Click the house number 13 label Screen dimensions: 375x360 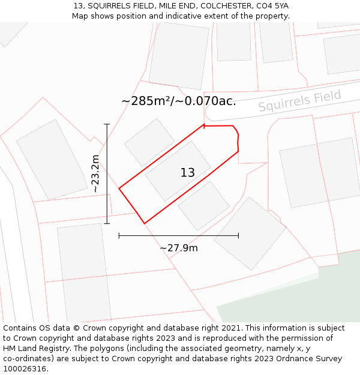click(187, 173)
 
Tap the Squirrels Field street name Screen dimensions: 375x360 click(300, 100)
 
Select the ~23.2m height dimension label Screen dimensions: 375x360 click(94, 173)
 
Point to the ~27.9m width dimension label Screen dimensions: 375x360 click(179, 248)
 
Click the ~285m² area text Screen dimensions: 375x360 click(146, 101)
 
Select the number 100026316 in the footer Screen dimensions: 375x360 click(25, 368)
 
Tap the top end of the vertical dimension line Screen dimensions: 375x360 click(107, 124)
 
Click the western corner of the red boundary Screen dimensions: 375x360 click(119, 188)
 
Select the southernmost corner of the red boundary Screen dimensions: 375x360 click(145, 224)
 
